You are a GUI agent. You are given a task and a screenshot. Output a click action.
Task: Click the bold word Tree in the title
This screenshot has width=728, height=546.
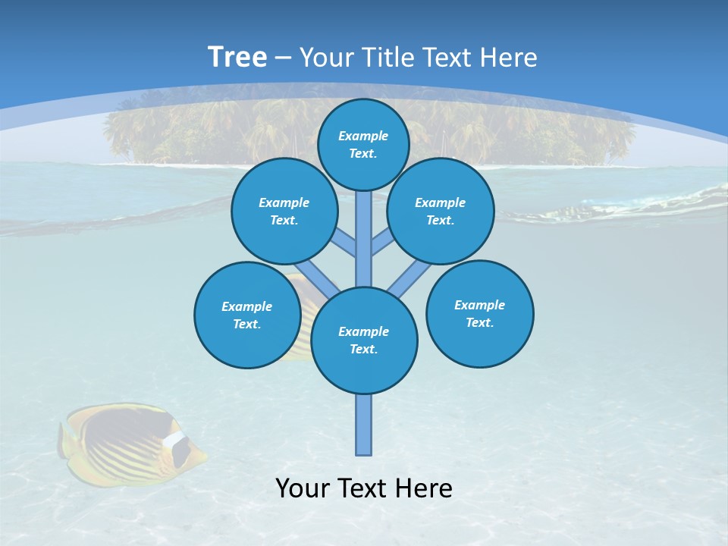(x=237, y=58)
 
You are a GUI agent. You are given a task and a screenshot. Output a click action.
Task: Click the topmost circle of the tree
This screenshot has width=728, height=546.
(x=363, y=144)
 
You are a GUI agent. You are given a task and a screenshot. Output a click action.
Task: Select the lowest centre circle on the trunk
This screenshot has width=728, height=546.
(x=364, y=340)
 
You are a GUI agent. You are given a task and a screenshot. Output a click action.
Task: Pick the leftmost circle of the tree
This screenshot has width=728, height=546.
(x=247, y=315)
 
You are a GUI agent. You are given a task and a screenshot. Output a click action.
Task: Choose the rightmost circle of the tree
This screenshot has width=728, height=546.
(x=479, y=313)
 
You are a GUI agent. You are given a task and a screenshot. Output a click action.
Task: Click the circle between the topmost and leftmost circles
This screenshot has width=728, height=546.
(x=284, y=211)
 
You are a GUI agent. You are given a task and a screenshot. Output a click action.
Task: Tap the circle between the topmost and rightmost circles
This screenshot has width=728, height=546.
(x=440, y=211)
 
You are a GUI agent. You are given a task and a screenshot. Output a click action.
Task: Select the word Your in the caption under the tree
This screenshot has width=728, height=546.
(x=303, y=488)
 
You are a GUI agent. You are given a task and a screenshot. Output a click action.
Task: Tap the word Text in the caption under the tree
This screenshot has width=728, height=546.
(x=363, y=488)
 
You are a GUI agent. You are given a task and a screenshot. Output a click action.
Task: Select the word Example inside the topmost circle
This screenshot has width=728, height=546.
(x=363, y=136)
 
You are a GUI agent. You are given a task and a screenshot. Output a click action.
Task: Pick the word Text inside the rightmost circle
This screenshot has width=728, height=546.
(x=479, y=322)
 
